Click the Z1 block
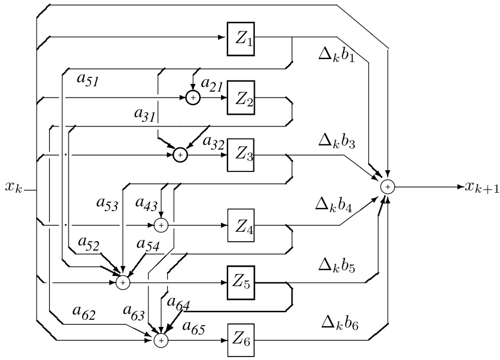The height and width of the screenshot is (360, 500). (x=241, y=40)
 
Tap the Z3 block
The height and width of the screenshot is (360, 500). (x=241, y=155)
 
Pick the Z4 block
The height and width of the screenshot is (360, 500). (x=241, y=225)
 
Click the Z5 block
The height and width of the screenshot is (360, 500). (x=241, y=283)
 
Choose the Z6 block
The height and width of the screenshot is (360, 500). (x=241, y=340)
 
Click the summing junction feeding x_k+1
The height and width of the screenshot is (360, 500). (x=388, y=187)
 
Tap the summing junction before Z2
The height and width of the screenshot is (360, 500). (x=193, y=98)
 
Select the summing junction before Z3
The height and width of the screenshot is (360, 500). (x=180, y=155)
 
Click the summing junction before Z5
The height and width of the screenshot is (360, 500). (x=123, y=283)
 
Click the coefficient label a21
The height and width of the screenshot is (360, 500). (x=212, y=86)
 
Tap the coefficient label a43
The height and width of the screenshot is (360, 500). (x=148, y=203)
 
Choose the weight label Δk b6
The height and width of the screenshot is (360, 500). (x=339, y=323)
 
